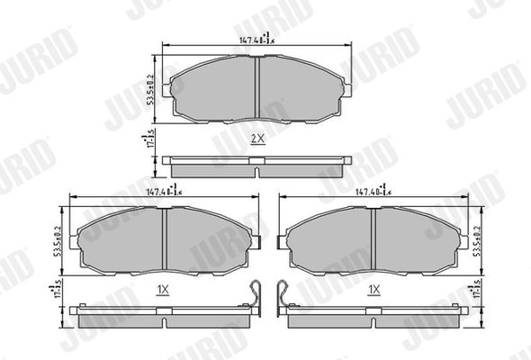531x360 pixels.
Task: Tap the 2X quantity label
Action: [x=257, y=139]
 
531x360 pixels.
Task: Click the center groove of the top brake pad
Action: [x=257, y=88]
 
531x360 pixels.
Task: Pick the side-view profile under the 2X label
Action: [x=257, y=166]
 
